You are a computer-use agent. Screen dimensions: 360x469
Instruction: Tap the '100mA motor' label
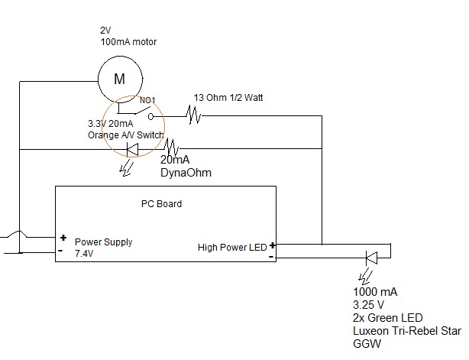(x=129, y=43)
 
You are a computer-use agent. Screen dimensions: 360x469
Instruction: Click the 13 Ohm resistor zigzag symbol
(x=192, y=116)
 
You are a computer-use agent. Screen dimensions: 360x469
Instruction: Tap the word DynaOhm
(x=185, y=174)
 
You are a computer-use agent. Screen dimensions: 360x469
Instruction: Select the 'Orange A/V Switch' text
(x=127, y=135)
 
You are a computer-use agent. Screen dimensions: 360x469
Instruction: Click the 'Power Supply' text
(x=103, y=242)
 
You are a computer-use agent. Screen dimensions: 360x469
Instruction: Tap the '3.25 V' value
(x=368, y=305)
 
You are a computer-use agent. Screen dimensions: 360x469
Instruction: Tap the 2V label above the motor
(x=105, y=31)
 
